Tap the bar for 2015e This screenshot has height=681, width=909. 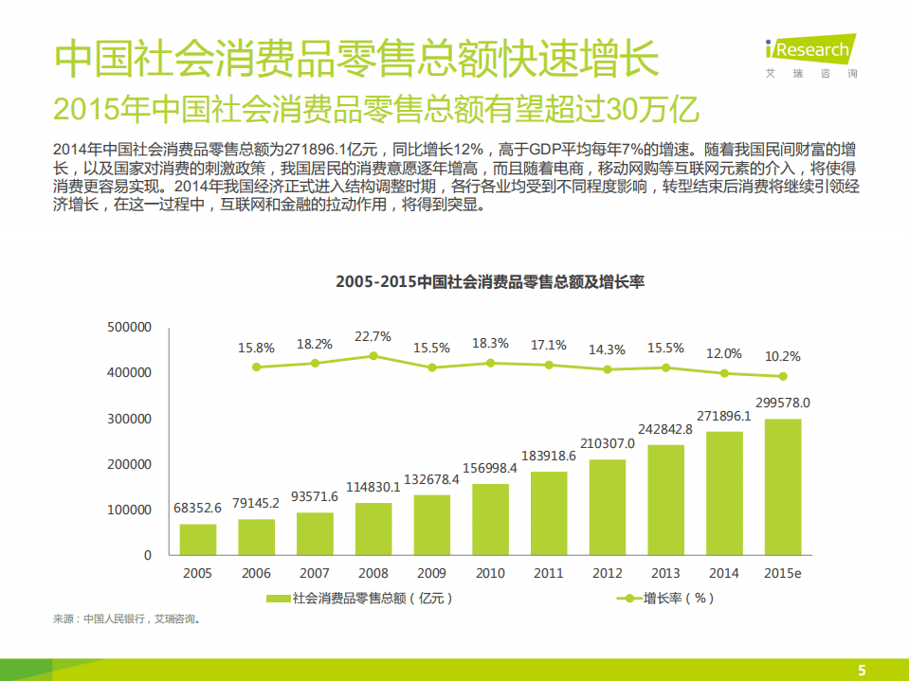point(783,487)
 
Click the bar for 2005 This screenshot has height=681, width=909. point(198,539)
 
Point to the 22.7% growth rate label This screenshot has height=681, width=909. point(373,336)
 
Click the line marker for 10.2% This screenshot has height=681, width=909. point(783,375)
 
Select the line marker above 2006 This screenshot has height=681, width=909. point(257,367)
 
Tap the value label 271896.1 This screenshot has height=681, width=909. point(724,416)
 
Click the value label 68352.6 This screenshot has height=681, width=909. point(198,508)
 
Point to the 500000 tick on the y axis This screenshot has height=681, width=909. point(131,327)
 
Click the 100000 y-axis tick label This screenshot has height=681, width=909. point(131,510)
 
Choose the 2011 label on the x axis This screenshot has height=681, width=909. point(549,573)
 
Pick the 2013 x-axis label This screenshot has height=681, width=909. point(665,573)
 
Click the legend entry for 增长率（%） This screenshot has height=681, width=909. point(668,598)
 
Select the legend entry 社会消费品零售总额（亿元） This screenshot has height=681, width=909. point(360,598)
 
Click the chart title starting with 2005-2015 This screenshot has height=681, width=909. point(490,282)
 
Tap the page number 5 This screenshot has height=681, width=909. point(862,670)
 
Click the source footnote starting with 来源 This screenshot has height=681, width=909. point(127,619)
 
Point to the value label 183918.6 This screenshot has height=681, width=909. point(549,457)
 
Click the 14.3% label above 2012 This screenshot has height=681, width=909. point(607,349)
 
